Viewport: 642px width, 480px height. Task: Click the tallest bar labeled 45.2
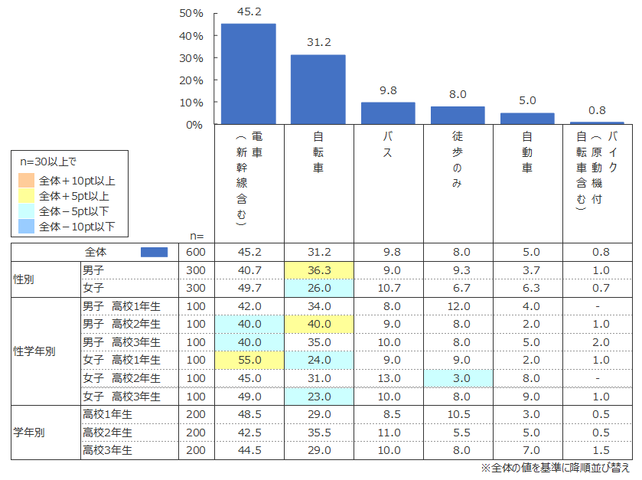coord(249,73)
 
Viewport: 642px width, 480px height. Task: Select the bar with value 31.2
coord(318,89)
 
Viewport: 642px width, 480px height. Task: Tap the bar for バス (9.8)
coord(388,113)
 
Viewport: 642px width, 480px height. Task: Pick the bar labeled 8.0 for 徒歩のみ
coord(458,115)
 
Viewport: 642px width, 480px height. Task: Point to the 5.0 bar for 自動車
coord(527,118)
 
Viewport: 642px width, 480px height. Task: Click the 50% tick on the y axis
coord(190,14)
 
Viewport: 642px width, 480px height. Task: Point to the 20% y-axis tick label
coord(190,80)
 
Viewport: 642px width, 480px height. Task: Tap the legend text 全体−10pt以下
coord(77,227)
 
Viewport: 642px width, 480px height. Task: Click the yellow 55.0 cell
coord(249,359)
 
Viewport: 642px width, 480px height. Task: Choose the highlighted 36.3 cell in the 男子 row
coord(318,269)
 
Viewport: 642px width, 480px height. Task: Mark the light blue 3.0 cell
coord(458,377)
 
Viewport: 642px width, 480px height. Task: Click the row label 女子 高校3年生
coord(122,396)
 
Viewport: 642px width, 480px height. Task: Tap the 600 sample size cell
coord(196,252)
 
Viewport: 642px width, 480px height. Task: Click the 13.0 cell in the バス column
coord(388,377)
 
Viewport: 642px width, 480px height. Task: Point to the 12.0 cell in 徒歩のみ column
coord(458,306)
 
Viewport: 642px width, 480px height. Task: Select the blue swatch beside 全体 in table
coord(155,252)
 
